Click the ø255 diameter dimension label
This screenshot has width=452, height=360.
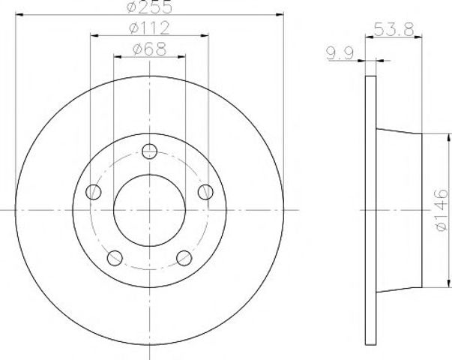149,7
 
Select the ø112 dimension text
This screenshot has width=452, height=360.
149,28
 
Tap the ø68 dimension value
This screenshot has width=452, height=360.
149,49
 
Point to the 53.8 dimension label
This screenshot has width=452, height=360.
394,29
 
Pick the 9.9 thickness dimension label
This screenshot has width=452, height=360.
340,54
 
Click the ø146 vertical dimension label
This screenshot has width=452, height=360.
442,210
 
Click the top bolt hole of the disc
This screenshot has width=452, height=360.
150,151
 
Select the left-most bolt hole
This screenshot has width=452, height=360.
94,192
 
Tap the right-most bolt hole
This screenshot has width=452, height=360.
206,192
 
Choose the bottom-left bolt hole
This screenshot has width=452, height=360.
115,258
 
